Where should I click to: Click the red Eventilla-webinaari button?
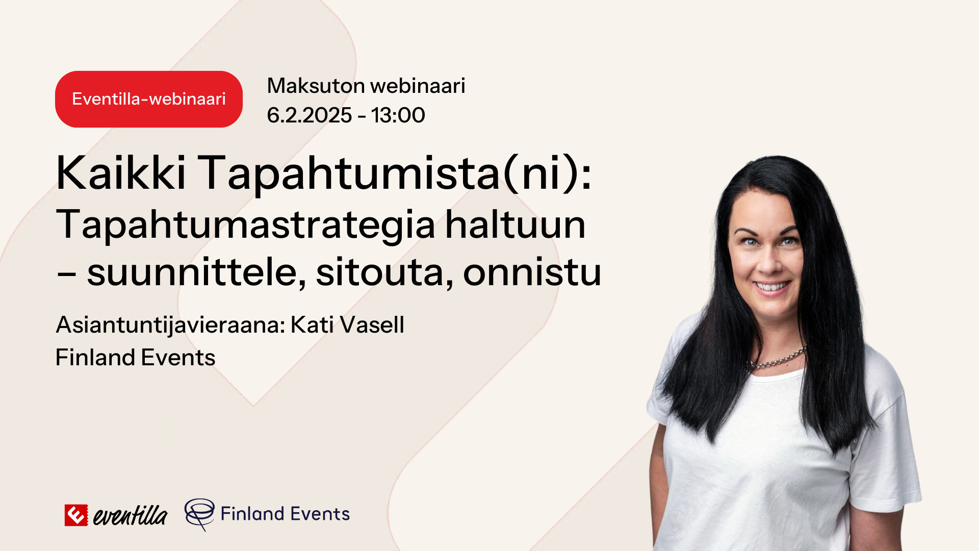(148, 99)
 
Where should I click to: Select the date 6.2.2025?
(309, 115)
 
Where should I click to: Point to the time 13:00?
(398, 115)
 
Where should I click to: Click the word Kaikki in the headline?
(121, 173)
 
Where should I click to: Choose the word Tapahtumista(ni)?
(395, 173)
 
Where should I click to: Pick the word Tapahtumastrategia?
(246, 224)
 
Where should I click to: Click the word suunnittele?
(196, 272)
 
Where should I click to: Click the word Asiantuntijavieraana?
(170, 325)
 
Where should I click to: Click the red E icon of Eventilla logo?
(76, 515)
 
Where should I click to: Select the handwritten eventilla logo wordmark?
(130, 515)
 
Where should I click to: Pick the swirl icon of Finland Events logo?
(199, 514)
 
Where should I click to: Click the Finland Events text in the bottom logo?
(285, 514)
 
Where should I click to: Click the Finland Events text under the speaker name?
(135, 358)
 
